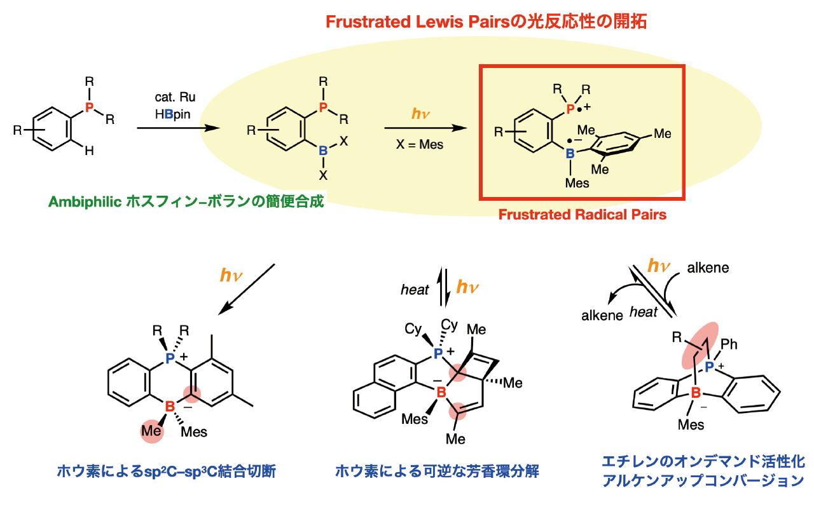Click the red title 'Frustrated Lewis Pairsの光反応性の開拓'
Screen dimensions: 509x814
(486, 22)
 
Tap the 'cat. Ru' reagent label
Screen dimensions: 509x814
(175, 97)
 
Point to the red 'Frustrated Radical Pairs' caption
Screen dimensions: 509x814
(582, 215)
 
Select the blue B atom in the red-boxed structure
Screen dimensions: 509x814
(570, 153)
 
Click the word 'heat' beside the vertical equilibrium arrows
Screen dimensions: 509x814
(415, 290)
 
